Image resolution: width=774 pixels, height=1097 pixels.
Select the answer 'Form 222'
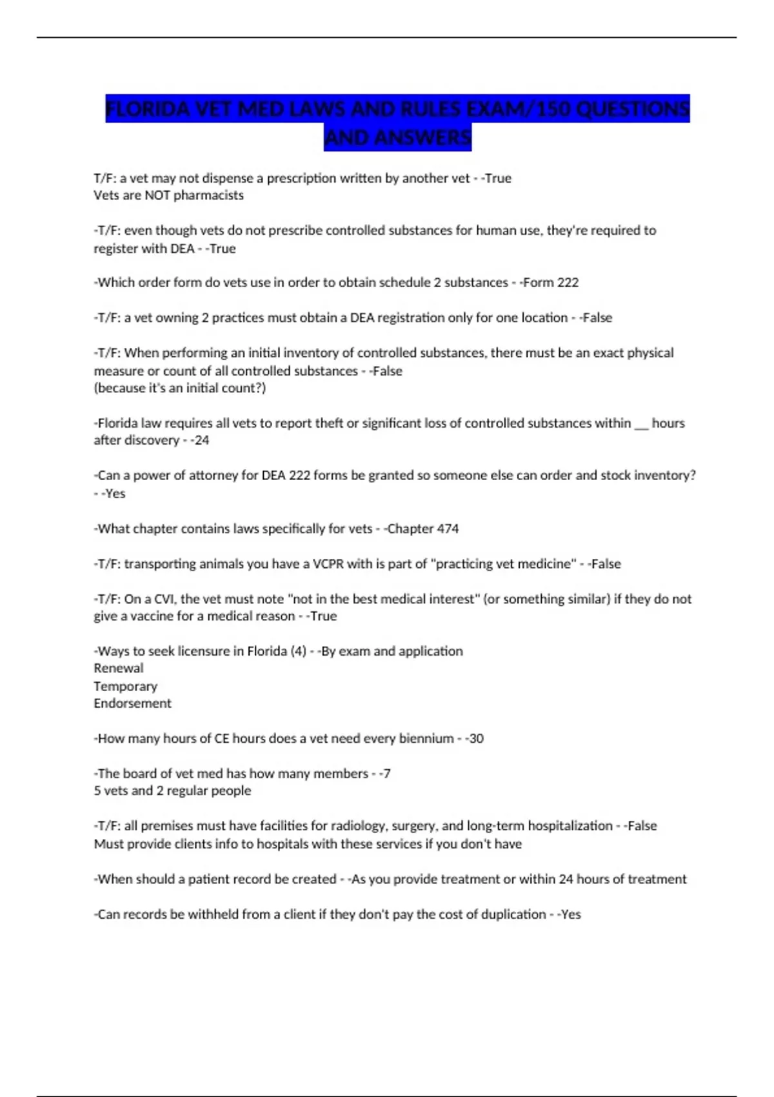550,283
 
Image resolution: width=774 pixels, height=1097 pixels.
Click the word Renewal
119,669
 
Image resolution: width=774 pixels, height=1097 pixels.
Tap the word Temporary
125,686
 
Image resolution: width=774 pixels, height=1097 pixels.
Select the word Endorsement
132,703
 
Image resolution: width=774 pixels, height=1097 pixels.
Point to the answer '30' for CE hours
476,738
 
